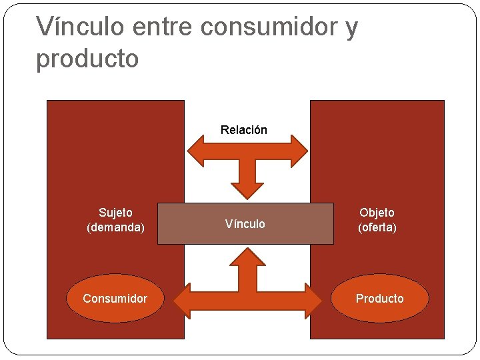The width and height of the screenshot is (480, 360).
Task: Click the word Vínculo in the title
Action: click(80, 27)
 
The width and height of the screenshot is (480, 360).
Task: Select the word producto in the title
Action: click(87, 59)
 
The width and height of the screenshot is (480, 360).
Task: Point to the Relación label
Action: click(244, 130)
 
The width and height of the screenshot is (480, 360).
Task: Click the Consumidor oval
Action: click(115, 299)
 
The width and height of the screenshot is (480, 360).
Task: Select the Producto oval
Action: click(379, 299)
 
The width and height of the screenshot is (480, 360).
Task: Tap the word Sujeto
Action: click(115, 213)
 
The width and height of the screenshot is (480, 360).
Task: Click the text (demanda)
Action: click(115, 227)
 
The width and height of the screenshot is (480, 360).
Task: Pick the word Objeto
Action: click(377, 213)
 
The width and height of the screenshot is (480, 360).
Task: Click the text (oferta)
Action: click(377, 227)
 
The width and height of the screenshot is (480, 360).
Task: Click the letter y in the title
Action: click(350, 28)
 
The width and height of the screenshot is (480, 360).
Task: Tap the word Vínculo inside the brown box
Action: click(245, 224)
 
